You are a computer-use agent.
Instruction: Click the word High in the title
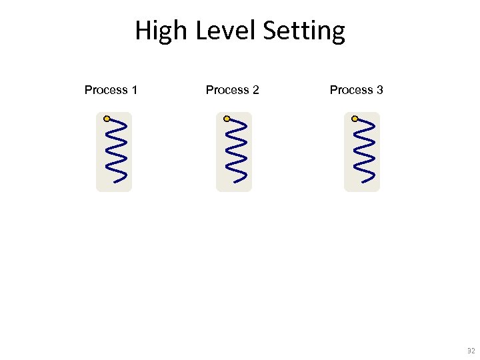coord(162,31)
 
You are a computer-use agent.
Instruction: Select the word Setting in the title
coord(304,31)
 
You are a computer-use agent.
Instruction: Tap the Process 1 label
coord(111,90)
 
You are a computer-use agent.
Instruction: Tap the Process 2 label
coord(232,90)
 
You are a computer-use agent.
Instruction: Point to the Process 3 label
coord(356,90)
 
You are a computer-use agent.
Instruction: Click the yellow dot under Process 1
coord(107,119)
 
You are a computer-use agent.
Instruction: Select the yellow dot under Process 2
coord(227,119)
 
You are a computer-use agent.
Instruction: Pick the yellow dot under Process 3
coord(355,119)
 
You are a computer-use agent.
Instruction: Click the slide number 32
coord(471,351)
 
